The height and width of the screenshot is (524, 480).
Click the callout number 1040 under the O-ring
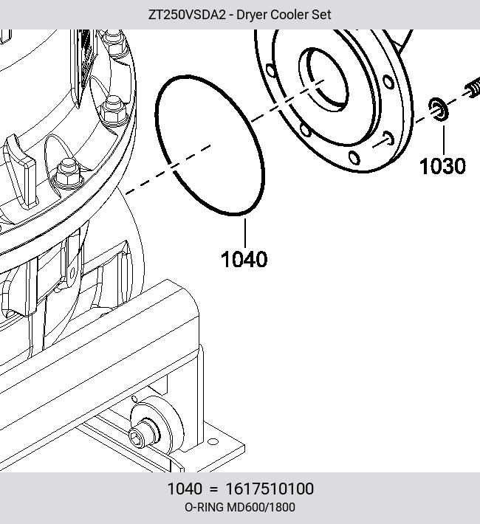tap(244, 258)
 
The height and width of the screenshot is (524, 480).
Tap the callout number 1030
tap(442, 166)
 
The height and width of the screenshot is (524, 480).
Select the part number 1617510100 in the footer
tap(270, 489)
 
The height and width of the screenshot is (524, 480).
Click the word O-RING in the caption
tap(205, 507)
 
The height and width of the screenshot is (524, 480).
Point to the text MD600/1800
tap(261, 507)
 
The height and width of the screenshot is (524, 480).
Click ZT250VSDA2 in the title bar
tap(188, 15)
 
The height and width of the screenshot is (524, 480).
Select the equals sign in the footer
tap(213, 489)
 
